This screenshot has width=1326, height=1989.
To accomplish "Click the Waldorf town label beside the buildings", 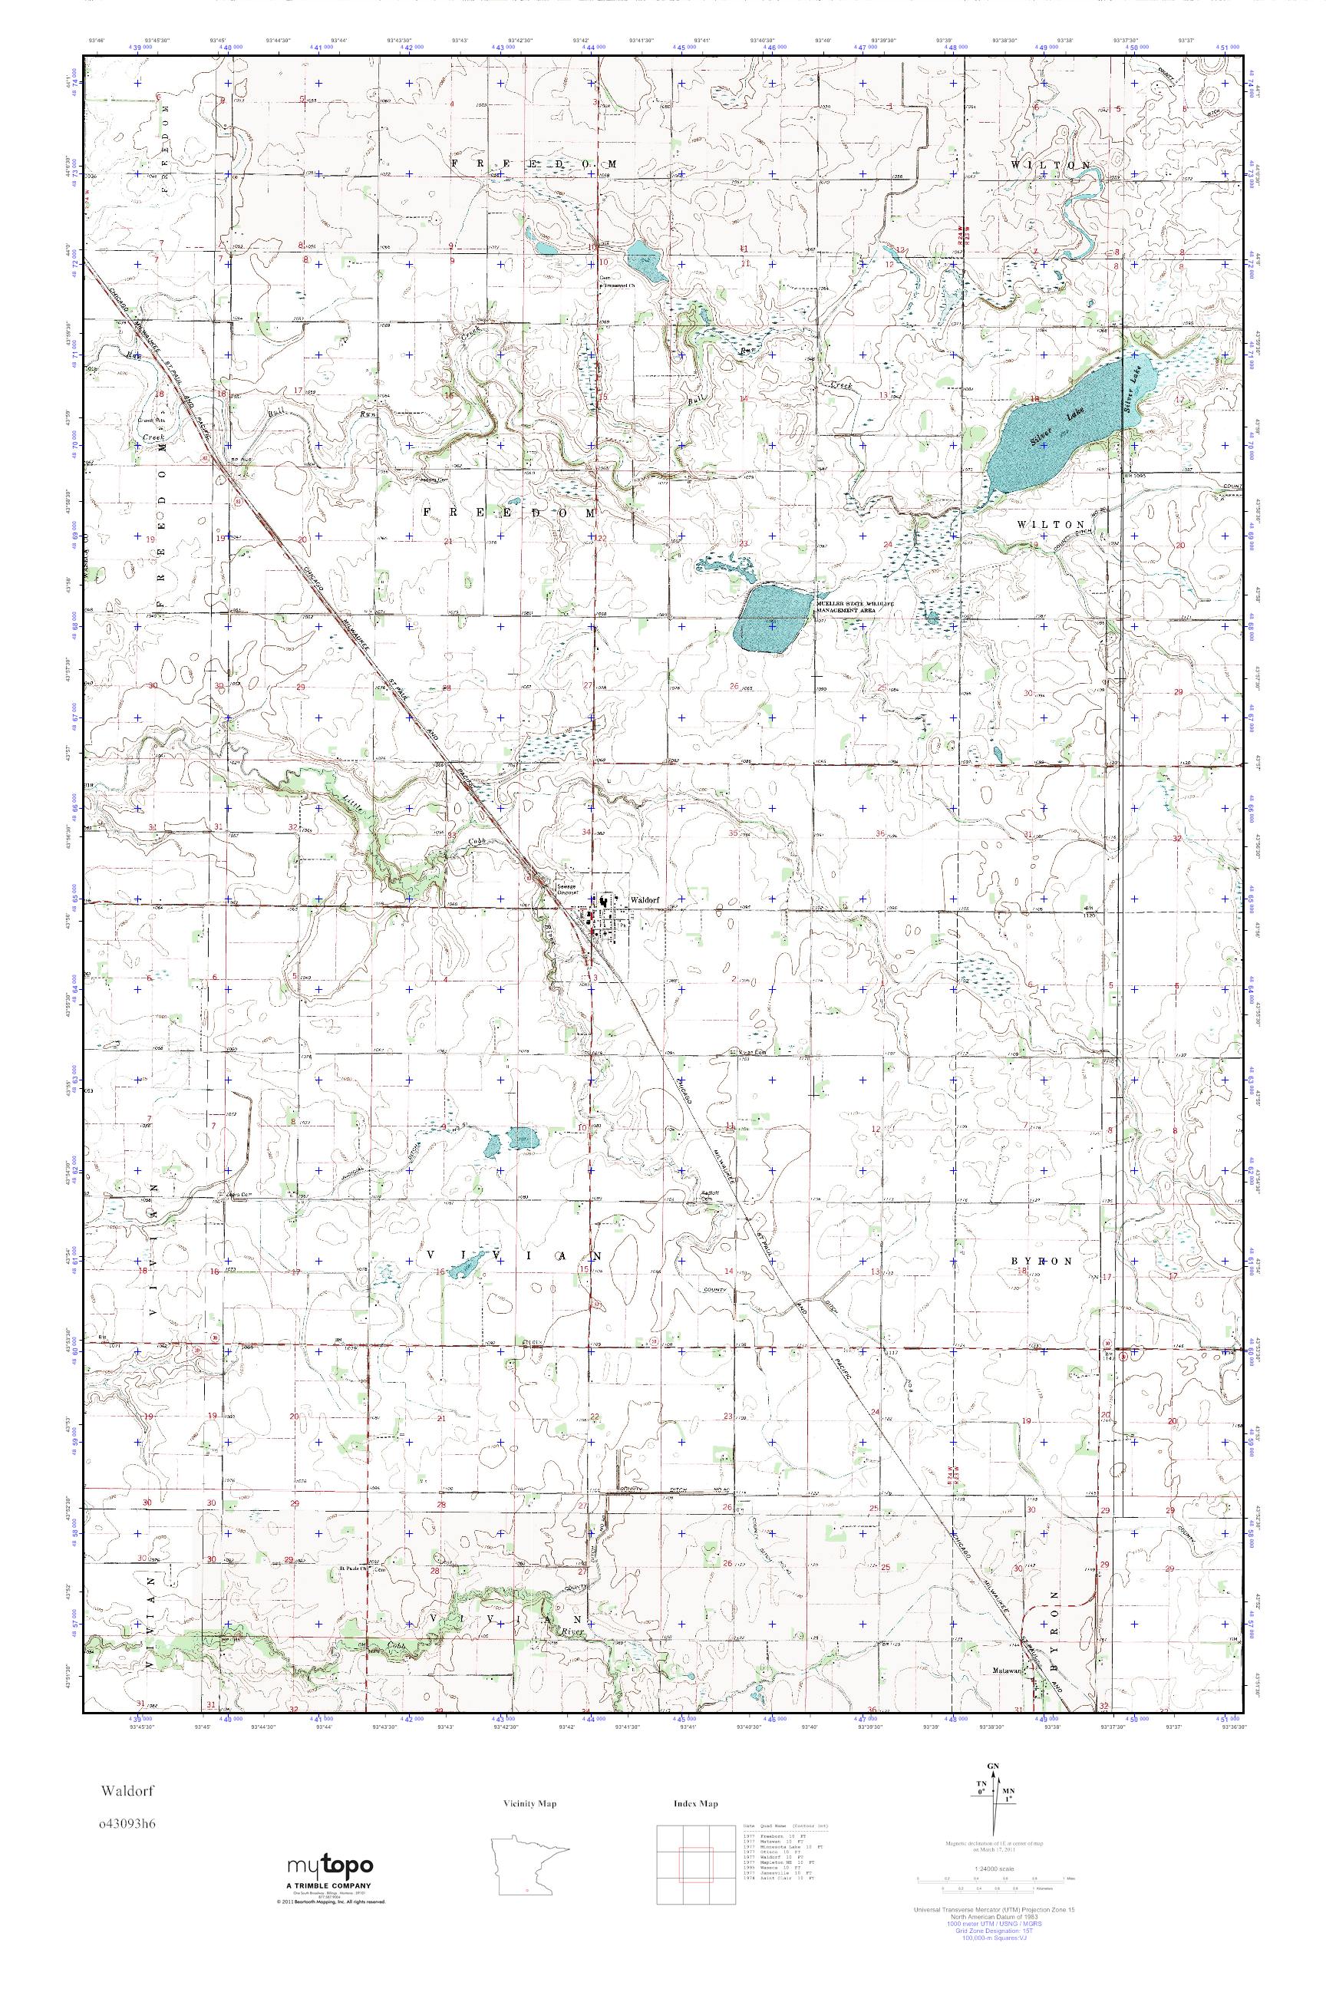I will (640, 901).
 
